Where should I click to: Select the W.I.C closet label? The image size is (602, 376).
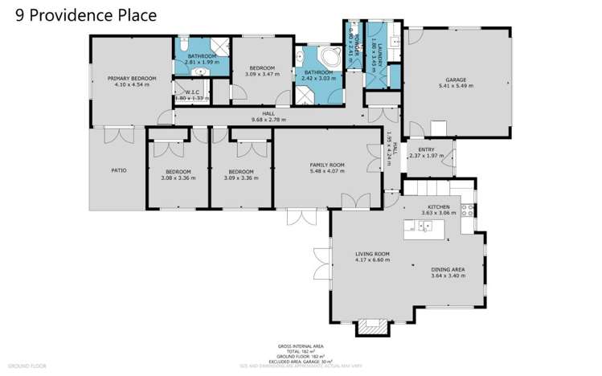(x=191, y=92)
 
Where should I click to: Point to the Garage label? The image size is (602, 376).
(x=456, y=80)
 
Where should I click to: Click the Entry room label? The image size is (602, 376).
(x=426, y=149)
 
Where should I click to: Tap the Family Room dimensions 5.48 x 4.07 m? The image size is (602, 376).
(x=326, y=171)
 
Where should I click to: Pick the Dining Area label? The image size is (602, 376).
(x=448, y=269)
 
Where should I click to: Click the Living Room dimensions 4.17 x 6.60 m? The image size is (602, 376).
(x=372, y=260)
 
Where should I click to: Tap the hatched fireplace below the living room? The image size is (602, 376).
(x=371, y=326)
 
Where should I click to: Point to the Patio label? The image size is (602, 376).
(x=118, y=170)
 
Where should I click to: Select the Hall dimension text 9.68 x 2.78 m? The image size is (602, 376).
(x=268, y=120)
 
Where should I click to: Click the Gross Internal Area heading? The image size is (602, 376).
(x=300, y=348)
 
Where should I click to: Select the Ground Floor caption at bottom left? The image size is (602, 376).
(x=27, y=366)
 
